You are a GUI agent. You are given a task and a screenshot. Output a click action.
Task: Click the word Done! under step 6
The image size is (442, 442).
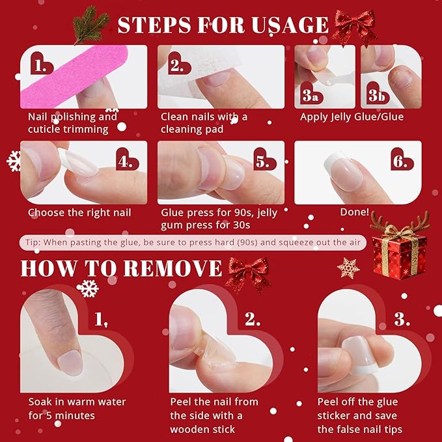[x=354, y=212]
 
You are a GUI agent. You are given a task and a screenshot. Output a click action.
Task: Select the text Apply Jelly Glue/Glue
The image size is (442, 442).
[x=352, y=117]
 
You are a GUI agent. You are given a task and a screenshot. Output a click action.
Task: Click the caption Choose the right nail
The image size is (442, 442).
[x=79, y=212]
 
